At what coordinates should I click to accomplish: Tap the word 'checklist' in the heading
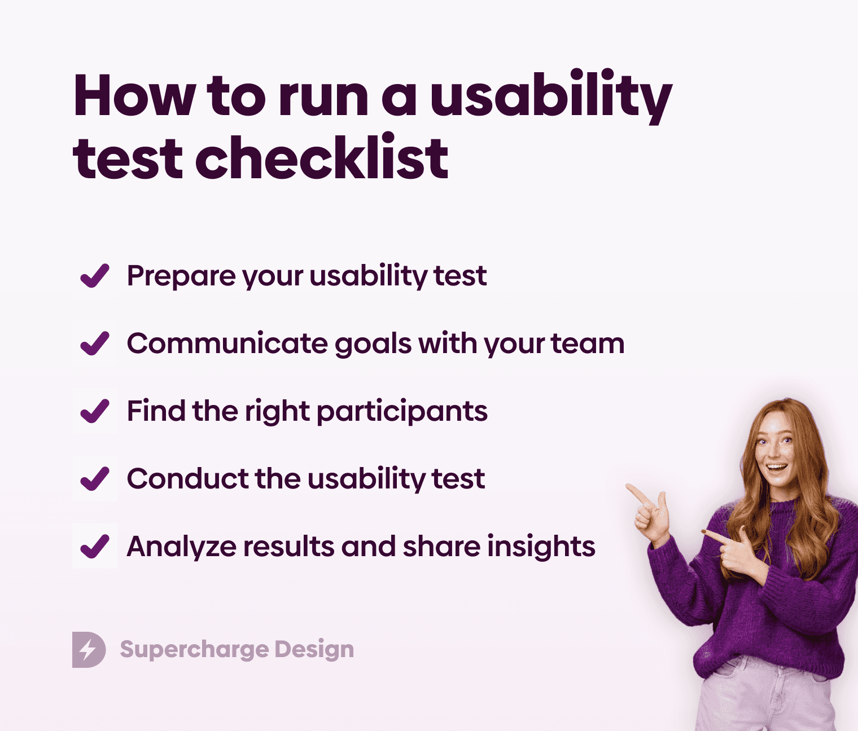[322, 159]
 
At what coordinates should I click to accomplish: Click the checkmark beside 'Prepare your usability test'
[94, 276]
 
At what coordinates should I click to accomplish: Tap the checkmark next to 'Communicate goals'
[94, 344]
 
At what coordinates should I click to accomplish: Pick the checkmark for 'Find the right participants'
[94, 411]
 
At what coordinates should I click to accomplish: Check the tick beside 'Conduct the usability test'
[94, 479]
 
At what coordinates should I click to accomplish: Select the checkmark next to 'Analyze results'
[94, 547]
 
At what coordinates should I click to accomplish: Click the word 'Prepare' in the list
[180, 276]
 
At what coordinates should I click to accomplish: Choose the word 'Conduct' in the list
[187, 479]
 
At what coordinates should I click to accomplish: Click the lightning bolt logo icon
[89, 650]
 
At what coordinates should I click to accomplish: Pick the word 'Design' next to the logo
[314, 650]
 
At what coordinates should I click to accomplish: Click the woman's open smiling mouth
[777, 468]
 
